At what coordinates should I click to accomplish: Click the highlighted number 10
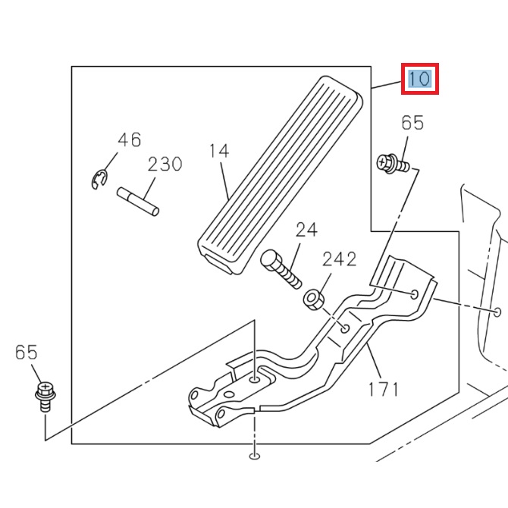(x=419, y=79)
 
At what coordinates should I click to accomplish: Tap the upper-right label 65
(x=412, y=123)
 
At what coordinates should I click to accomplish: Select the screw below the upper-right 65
(x=393, y=163)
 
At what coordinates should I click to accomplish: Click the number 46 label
(x=129, y=140)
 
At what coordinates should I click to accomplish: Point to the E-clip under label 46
(x=97, y=180)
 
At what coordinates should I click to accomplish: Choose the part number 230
(x=165, y=164)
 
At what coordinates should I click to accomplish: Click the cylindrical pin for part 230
(x=138, y=204)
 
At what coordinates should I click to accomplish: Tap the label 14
(x=218, y=151)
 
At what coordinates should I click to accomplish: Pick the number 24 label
(x=306, y=229)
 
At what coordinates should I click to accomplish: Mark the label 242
(x=339, y=259)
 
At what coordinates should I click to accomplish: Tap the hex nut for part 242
(x=314, y=299)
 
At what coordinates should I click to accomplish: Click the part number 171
(x=383, y=390)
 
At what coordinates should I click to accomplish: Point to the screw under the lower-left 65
(x=45, y=396)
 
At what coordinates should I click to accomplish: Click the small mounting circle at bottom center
(x=254, y=456)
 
